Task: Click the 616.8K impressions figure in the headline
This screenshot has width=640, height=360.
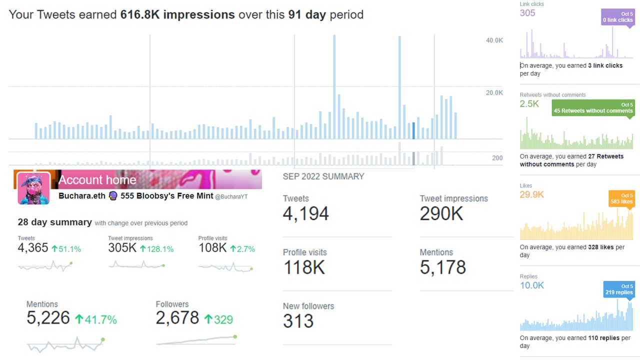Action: tap(177, 14)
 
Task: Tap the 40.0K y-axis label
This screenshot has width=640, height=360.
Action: tap(494, 40)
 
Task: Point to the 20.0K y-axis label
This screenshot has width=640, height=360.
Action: tap(494, 92)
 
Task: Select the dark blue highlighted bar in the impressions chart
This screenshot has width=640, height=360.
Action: tap(413, 130)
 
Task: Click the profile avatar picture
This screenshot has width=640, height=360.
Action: tap(33, 188)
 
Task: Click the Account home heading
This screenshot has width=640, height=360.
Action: tap(97, 180)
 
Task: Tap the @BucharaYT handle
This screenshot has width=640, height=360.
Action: tap(231, 196)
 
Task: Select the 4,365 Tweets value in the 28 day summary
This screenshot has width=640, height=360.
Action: tap(33, 248)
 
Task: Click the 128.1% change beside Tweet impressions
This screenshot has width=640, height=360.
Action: tap(156, 248)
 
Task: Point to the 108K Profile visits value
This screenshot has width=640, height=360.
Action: tap(212, 248)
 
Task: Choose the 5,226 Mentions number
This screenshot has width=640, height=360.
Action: tap(48, 318)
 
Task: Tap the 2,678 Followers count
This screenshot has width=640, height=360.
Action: tap(177, 318)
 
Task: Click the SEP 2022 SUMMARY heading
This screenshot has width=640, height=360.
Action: tap(323, 176)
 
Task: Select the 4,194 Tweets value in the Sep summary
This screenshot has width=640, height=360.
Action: tap(306, 213)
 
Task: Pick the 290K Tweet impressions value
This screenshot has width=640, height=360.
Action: tap(441, 213)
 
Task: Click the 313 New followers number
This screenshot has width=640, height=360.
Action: tap(298, 321)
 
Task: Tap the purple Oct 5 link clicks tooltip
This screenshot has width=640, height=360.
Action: tap(617, 17)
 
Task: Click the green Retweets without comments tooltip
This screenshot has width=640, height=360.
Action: tap(593, 107)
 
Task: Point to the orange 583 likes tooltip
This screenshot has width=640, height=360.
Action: tap(621, 198)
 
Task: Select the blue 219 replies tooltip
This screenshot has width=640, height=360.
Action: tap(618, 289)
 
